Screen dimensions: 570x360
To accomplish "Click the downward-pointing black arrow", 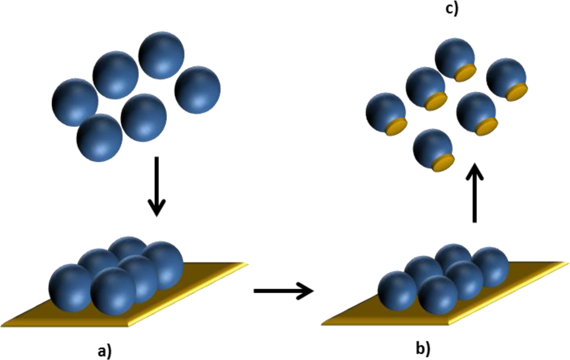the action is coord(157,186).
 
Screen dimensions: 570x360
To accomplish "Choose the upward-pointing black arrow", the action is coord(474,191).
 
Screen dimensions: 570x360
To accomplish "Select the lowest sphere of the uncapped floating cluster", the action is coord(99,138).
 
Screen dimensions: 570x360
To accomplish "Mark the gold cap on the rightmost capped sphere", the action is coord(517,92).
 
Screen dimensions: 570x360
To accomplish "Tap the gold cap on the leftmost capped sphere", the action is coord(396,127).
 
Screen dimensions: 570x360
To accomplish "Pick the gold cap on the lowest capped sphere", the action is coord(443,163).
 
